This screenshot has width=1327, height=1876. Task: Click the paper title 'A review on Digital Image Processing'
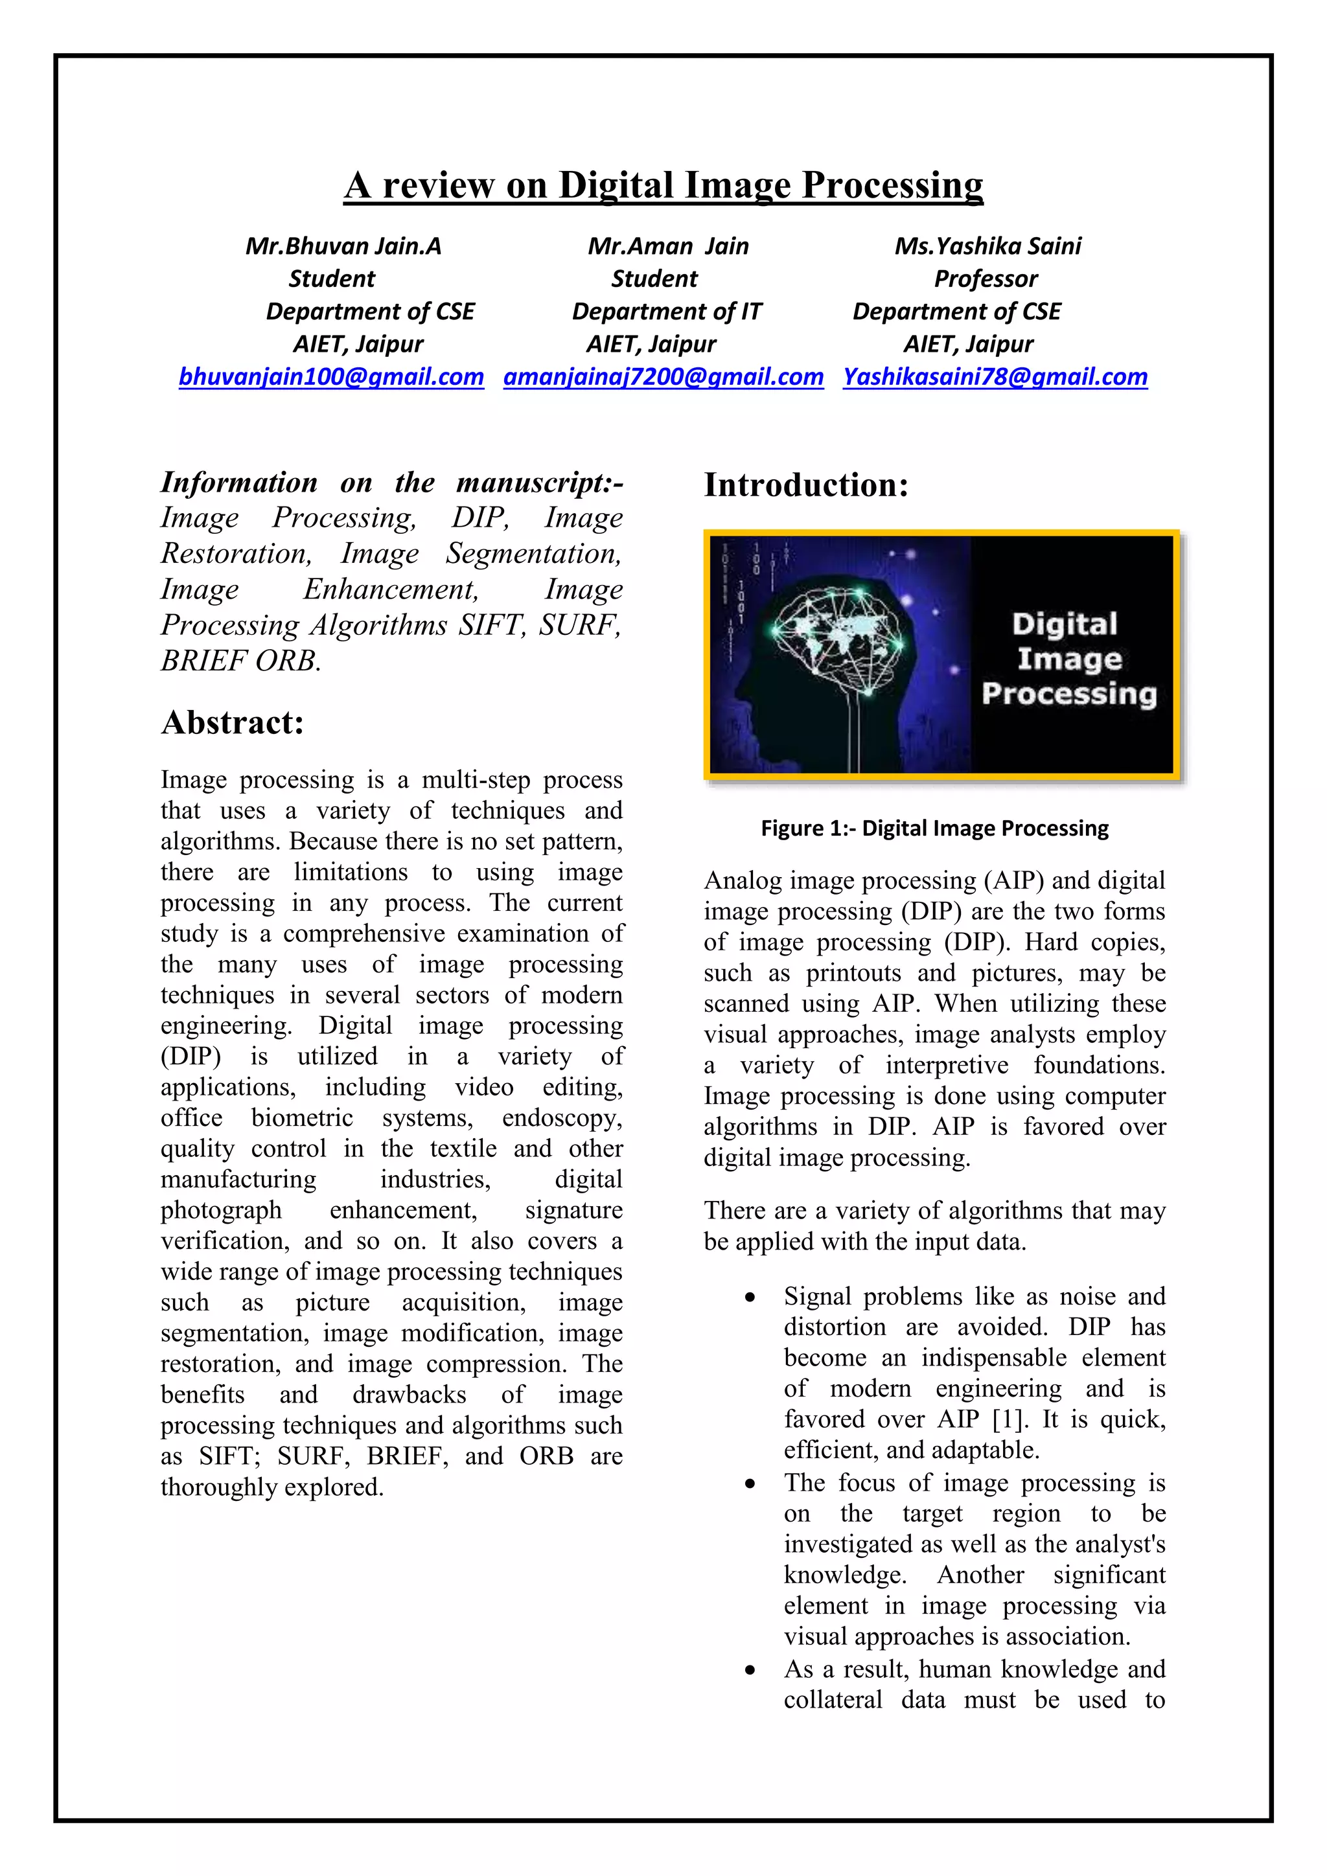[663, 185]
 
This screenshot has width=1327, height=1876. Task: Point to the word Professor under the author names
[986, 279]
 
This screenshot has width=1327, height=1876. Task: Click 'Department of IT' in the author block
[666, 312]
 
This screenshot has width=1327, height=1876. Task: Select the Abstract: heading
[232, 722]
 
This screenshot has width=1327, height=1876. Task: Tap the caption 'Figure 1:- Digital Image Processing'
[934, 829]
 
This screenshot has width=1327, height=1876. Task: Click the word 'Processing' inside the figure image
[1068, 694]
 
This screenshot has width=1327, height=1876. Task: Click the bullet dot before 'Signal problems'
[749, 1298]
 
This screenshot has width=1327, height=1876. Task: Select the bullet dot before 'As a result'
[749, 1670]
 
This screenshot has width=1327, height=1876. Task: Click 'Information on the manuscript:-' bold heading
[391, 482]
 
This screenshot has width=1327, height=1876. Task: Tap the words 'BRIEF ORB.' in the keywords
[241, 660]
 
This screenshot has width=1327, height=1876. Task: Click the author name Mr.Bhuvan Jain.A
[343, 246]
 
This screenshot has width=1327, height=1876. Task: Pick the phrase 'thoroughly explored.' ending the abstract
[272, 1487]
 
